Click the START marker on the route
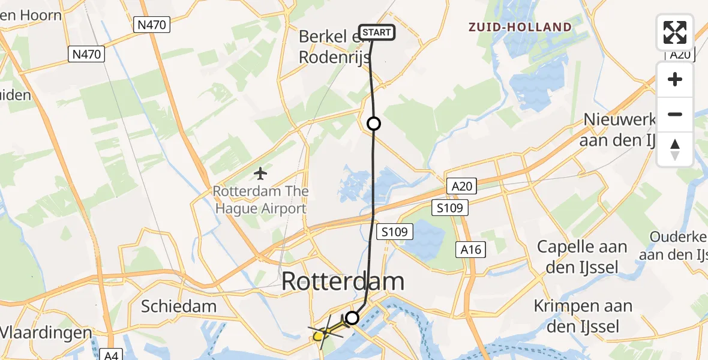point(377,32)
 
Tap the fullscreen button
point(675,32)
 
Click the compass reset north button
point(675,149)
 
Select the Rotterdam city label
point(343,281)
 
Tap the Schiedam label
point(178,307)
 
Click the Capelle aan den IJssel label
point(582,257)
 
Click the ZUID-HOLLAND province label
point(520,27)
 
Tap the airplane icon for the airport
point(260,174)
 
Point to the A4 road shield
point(113,355)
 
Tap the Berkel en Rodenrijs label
point(331,46)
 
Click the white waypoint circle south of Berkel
point(374,124)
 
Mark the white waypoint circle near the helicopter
point(352,318)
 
